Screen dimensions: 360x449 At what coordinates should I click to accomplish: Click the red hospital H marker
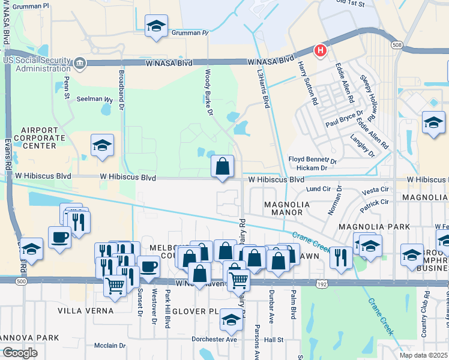[321, 50]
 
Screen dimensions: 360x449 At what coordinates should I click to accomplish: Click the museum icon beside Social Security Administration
[79, 63]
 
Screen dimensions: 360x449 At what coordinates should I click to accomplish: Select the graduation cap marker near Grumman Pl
[157, 26]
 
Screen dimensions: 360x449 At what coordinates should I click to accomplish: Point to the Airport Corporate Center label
[43, 137]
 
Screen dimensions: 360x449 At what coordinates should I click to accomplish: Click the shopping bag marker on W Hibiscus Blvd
[223, 166]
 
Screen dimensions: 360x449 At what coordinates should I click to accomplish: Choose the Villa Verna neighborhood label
[85, 310]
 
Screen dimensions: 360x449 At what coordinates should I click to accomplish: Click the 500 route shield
[22, 281]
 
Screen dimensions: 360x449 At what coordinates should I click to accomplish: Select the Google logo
[20, 352]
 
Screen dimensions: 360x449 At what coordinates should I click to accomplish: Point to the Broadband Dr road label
[121, 90]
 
